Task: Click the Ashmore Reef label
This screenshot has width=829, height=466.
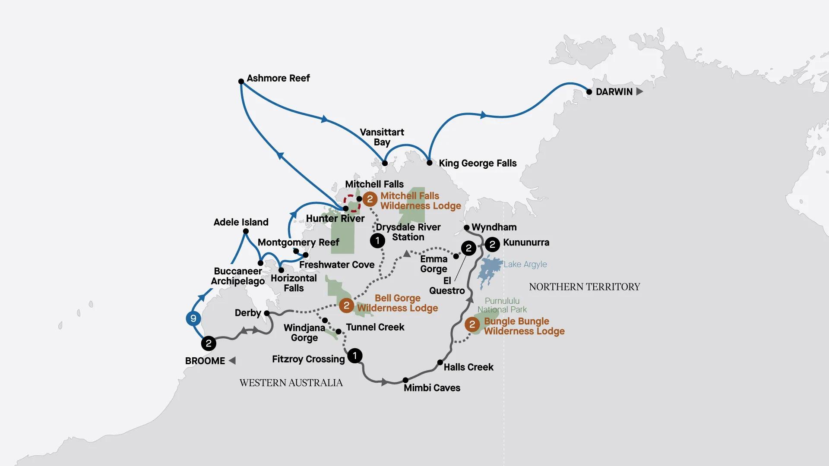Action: point(278,78)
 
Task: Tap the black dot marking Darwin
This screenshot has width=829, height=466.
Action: point(589,92)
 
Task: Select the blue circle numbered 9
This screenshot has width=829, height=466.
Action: point(193,318)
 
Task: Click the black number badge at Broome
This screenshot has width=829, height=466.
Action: point(209,343)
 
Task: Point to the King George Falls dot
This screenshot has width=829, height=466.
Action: point(429,163)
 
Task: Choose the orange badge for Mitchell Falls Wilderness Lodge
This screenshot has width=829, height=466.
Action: point(370,199)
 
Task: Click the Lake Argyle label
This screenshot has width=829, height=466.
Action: point(525,264)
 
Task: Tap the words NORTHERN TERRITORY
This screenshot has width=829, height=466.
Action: point(584,287)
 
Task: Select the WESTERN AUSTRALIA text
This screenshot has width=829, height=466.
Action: point(291,383)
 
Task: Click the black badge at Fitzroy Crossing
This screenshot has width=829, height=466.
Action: point(354,356)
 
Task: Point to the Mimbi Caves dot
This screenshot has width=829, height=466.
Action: point(405,380)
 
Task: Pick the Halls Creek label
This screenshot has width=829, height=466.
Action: point(468,367)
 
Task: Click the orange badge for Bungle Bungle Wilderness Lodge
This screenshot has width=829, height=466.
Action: point(472,324)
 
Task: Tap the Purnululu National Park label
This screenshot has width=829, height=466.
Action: point(502,305)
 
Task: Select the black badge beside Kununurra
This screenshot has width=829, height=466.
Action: point(492,245)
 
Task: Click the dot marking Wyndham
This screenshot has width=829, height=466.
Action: point(466,227)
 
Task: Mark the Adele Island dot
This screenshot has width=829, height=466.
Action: point(246,231)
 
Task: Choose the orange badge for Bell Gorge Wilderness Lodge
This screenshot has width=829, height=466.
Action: point(346,305)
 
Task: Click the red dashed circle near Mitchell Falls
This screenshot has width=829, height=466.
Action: point(351,203)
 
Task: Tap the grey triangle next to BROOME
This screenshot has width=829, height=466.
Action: point(232,361)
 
